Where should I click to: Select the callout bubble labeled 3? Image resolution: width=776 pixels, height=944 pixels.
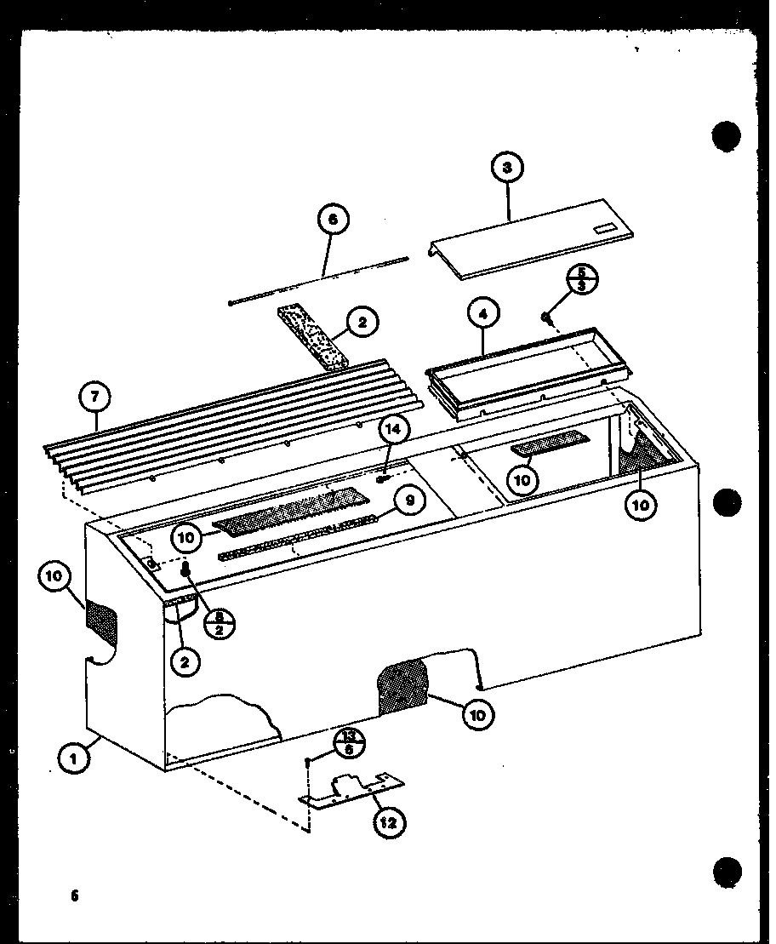click(x=507, y=168)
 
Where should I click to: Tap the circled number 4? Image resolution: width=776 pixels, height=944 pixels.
click(x=482, y=313)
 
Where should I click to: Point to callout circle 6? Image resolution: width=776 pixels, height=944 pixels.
click(x=333, y=219)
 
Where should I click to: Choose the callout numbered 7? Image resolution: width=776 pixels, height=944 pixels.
click(x=94, y=395)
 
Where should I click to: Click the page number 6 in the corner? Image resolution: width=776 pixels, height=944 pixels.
click(x=75, y=895)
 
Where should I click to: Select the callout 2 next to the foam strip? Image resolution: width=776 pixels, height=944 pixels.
click(x=362, y=323)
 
